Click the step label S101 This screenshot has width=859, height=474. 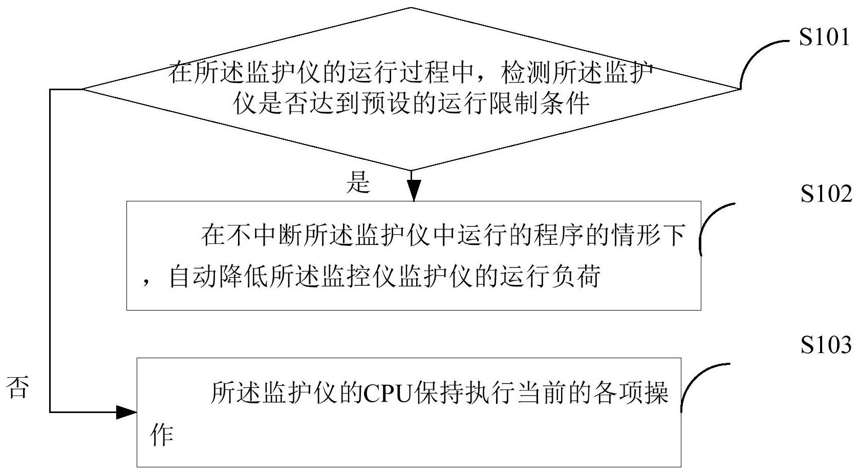click(824, 38)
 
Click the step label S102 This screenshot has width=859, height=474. click(826, 194)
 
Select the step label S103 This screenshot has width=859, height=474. click(826, 344)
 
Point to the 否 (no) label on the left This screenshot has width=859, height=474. click(17, 387)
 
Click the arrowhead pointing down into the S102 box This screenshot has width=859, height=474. click(414, 190)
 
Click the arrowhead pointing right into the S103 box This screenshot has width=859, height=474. click(126, 412)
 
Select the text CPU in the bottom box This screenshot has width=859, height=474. click(388, 394)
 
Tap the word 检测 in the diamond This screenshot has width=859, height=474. click(526, 72)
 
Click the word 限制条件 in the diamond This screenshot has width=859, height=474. click(540, 103)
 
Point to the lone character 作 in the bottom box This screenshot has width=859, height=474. click(161, 435)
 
